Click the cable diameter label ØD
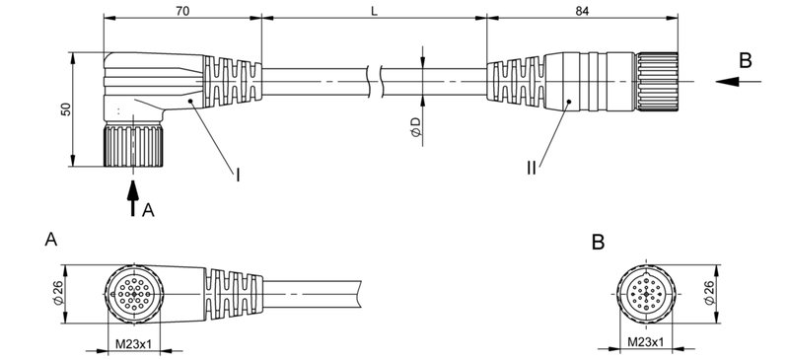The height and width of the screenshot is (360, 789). [415, 125]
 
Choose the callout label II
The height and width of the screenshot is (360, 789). [533, 169]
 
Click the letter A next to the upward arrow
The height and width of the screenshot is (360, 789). [148, 210]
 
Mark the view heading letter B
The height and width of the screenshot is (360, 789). [599, 241]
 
